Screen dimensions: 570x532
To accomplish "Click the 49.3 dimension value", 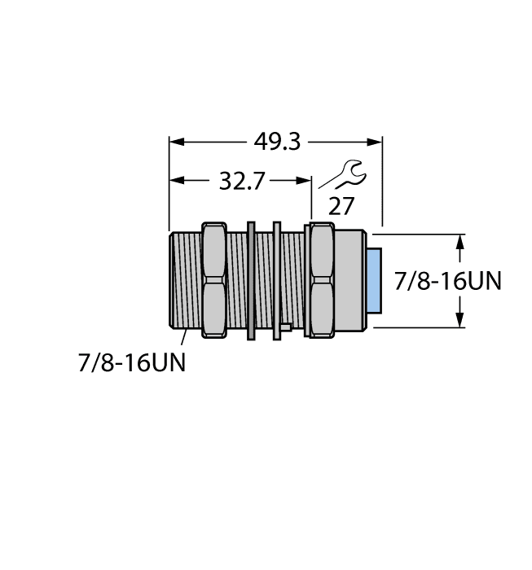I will coord(277,142).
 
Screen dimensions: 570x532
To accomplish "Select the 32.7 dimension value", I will coord(242,181).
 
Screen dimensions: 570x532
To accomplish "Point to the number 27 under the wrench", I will coord(341,207).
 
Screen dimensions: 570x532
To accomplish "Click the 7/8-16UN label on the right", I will coord(447,281).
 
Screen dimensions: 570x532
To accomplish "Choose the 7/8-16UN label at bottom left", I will coord(131,362).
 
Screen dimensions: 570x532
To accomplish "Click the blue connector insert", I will coord(374,281).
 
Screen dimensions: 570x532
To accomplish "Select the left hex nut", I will coord(213,280).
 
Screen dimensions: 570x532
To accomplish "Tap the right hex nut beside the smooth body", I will coord(319,280).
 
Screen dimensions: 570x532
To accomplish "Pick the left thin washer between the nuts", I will coord(252,280).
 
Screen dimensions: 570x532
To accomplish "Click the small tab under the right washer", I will coord(284,328).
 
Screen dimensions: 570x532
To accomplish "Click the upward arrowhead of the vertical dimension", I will coord(461,241).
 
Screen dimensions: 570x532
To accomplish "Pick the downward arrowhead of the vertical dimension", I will coord(461,321).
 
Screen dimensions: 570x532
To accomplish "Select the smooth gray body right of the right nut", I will coord(350,280).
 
